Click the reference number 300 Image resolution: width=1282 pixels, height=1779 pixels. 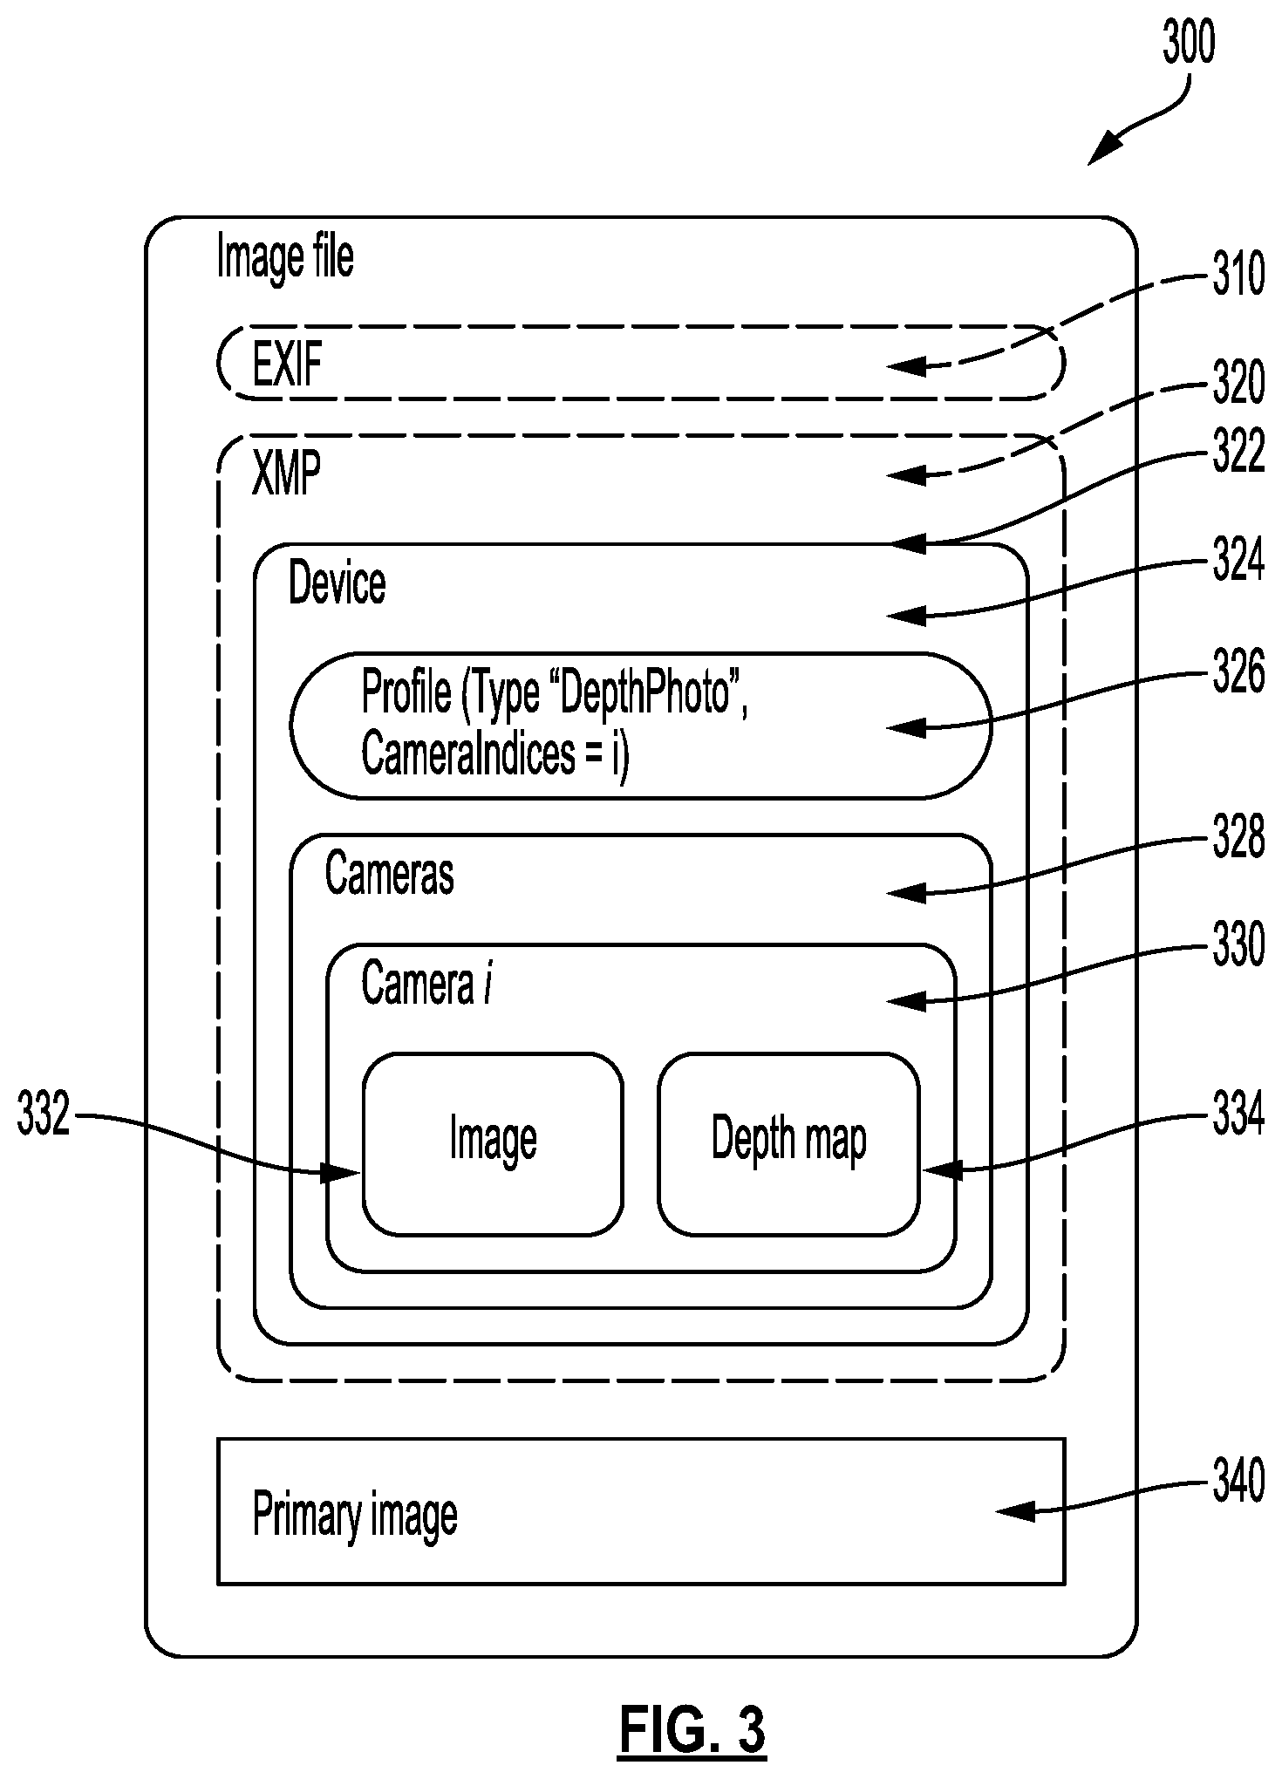tap(1188, 43)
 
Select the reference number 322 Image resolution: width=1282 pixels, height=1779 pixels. tap(1238, 453)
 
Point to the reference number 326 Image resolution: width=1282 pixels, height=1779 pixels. tap(1238, 672)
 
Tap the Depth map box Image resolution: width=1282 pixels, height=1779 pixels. tap(788, 1144)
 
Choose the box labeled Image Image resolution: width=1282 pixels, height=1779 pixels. tap(493, 1144)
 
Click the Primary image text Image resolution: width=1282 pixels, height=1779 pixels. tap(355, 1516)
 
